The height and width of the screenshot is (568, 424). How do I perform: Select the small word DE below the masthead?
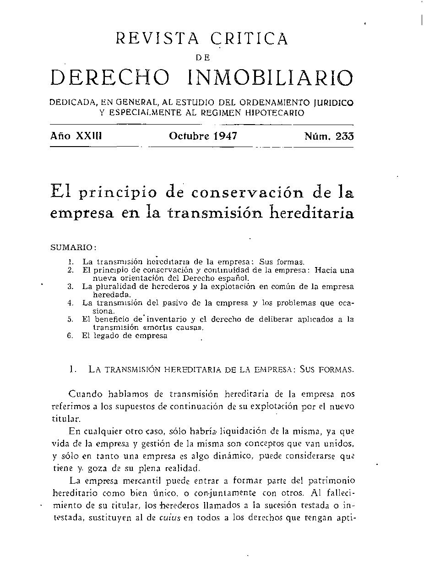(x=202, y=58)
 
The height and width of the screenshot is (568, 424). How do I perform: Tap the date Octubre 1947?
(x=203, y=136)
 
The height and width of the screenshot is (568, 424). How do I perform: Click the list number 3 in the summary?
(x=71, y=287)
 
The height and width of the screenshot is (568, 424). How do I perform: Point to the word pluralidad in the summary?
(x=113, y=287)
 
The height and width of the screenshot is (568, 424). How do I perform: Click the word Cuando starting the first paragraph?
(x=86, y=394)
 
